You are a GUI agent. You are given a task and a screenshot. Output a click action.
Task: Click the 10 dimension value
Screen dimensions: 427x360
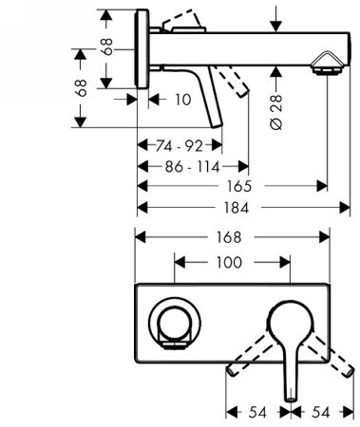coord(183,99)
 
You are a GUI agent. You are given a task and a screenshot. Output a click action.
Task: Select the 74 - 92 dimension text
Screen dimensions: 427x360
coord(180,147)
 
